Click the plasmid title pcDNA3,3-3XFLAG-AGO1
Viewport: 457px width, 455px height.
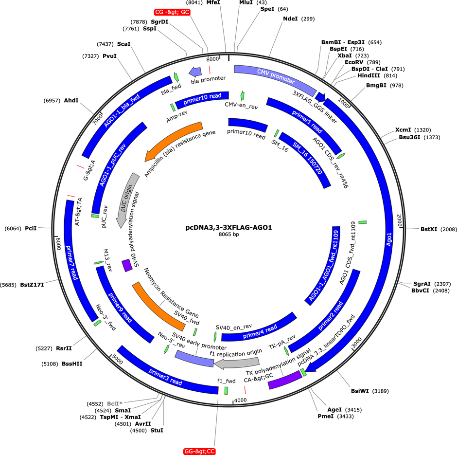click(x=229, y=228)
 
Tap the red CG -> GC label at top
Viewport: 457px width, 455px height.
click(x=172, y=12)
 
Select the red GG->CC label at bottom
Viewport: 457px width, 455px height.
click(x=200, y=451)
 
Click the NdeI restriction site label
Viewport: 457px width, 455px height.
click(x=290, y=18)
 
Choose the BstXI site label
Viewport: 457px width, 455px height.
click(x=429, y=229)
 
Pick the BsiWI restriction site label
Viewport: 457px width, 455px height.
click(x=360, y=391)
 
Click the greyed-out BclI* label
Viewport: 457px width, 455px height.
click(x=115, y=404)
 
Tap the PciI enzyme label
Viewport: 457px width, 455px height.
click(x=31, y=228)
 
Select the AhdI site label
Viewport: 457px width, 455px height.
click(x=71, y=100)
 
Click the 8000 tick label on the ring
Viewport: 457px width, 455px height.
click(x=212, y=59)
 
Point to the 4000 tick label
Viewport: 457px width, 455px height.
click(x=241, y=400)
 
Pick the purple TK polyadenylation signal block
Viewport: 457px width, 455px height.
click(x=285, y=380)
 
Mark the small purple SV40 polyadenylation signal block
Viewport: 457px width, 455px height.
click(x=127, y=265)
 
